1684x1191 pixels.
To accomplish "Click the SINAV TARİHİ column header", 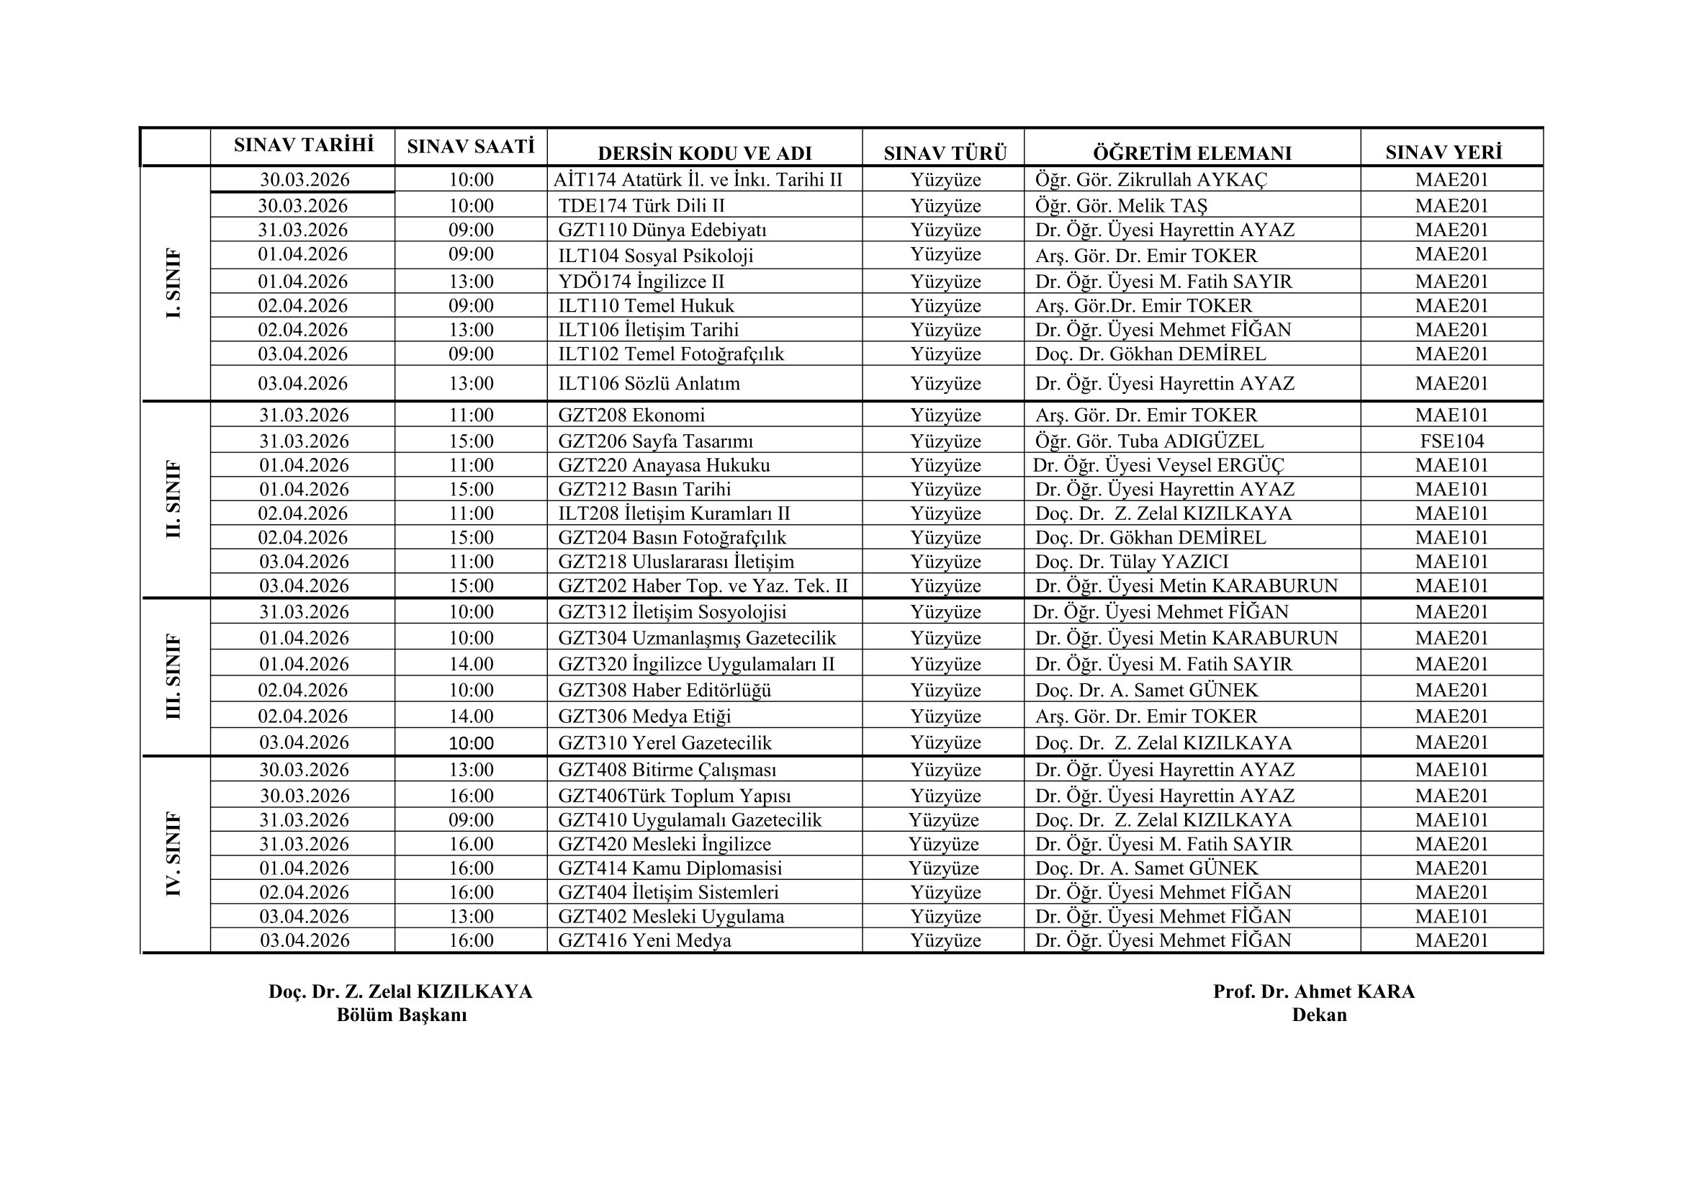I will coord(304,145).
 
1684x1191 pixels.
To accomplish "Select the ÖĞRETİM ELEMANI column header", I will coord(1192,153).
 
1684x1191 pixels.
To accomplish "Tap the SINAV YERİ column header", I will coord(1444,153).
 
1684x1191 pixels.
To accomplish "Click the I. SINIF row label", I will coord(174,283).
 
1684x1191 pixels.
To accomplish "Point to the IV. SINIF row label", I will coord(174,854).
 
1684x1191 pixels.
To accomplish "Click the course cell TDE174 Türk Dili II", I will coord(641,205).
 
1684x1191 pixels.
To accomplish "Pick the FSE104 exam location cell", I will coord(1451,441).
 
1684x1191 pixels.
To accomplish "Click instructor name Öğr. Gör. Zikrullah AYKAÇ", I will coord(1151,180).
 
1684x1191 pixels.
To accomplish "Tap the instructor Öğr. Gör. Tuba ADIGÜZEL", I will coord(1149,441).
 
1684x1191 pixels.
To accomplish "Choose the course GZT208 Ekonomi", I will coord(631,415).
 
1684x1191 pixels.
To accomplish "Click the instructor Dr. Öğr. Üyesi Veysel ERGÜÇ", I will coord(1158,465).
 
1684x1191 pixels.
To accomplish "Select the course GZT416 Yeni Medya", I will coord(644,940).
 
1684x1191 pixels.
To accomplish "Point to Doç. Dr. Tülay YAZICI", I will coord(1131,562).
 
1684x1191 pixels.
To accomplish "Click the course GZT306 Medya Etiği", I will coord(644,716).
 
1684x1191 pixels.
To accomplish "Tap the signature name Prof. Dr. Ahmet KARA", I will coord(1314,992).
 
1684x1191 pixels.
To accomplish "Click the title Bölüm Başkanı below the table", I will coord(401,1015).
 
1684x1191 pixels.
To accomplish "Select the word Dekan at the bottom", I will coord(1319,1015).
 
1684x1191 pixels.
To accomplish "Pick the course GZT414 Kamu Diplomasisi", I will coord(670,868).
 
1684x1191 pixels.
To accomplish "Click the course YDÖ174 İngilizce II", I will coord(641,282).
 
